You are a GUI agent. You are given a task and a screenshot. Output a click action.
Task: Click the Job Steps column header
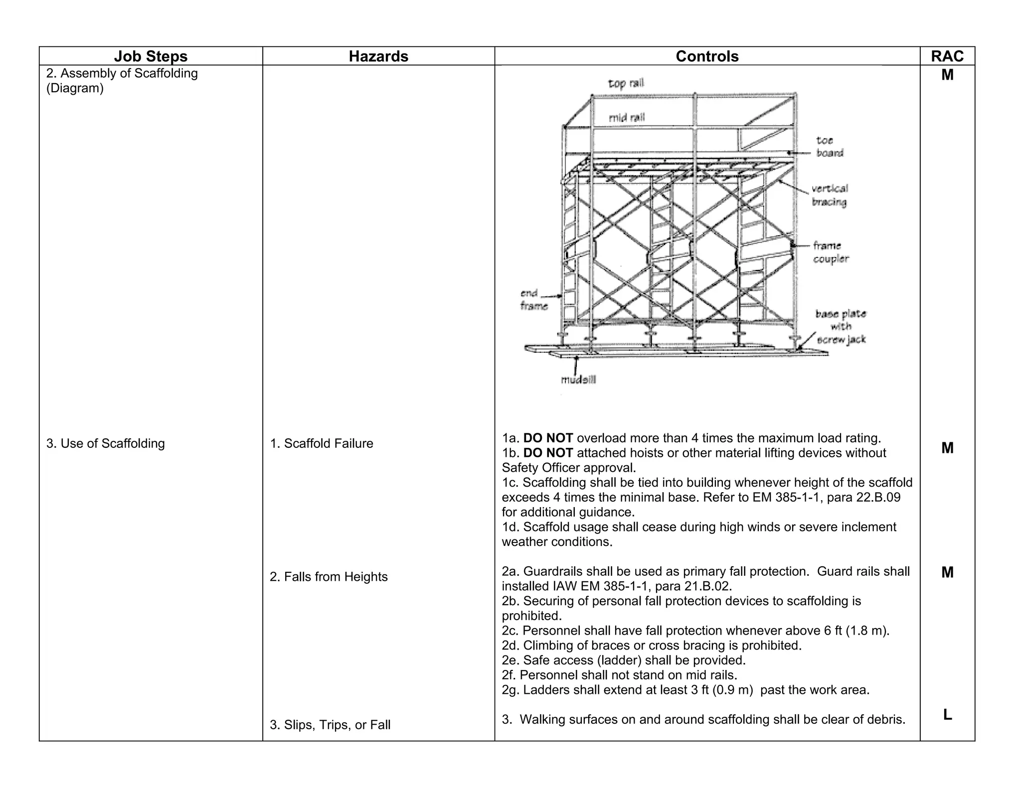pos(151,56)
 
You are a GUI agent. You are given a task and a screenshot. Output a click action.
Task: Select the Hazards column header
pos(378,56)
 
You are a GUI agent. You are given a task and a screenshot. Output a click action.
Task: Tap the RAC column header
pos(947,56)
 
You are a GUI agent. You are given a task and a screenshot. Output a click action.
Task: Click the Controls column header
pos(707,56)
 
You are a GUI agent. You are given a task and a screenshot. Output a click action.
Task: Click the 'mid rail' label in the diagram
pos(627,118)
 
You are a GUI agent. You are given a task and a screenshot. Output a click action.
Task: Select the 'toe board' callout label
pos(830,146)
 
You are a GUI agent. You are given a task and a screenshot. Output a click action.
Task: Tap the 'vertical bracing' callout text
pos(829,195)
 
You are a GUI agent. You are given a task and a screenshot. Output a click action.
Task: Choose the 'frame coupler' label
pos(830,252)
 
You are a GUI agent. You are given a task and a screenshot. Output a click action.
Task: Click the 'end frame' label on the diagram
pos(533,299)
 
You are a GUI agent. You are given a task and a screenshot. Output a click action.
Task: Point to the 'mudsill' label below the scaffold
pos(578,380)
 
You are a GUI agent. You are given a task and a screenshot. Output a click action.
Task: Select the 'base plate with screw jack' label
pos(841,327)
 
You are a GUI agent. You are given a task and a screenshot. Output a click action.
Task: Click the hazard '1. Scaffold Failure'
pos(322,443)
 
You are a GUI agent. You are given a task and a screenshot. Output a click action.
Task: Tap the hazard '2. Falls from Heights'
pos(329,577)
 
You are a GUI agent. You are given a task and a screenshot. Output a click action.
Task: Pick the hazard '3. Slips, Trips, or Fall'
pos(330,725)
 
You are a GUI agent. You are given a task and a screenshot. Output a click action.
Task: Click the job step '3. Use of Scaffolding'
pos(106,443)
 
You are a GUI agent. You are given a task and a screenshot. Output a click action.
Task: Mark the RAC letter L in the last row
pos(947,715)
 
